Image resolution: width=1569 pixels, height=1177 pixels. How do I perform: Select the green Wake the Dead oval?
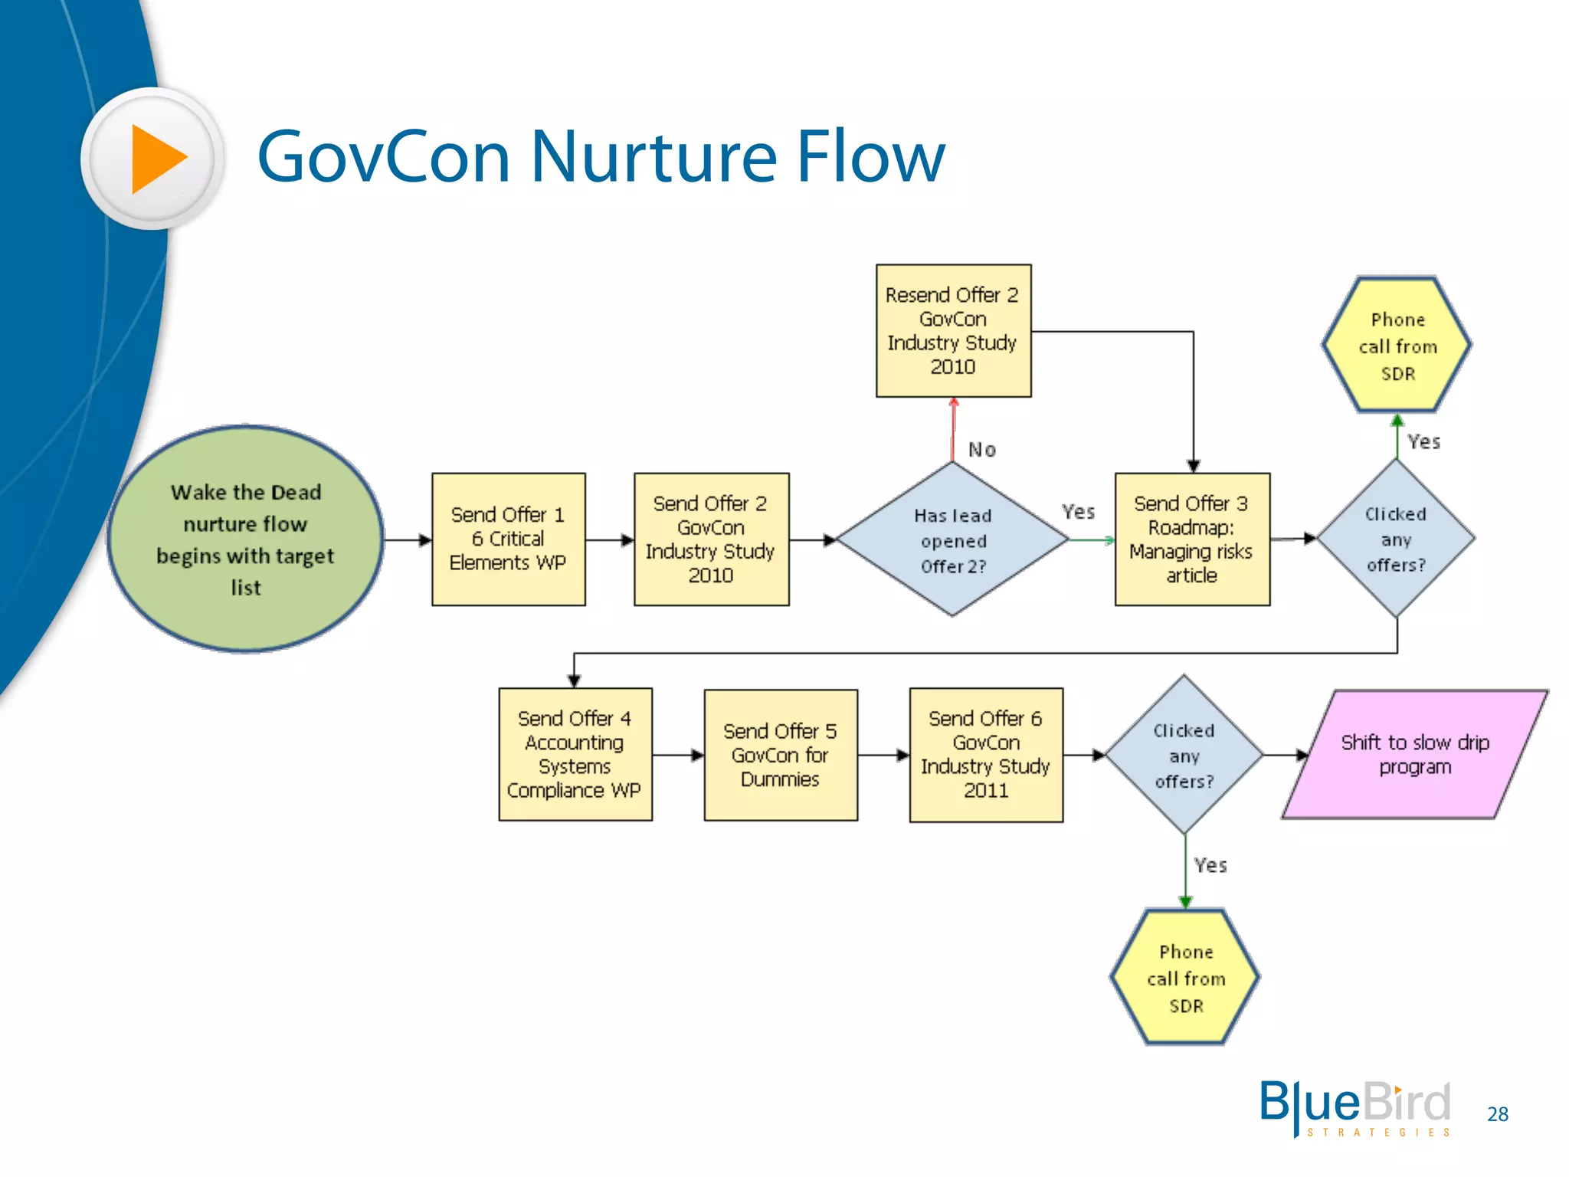pyautogui.click(x=245, y=539)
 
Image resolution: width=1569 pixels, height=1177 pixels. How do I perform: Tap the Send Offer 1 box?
pyautogui.click(x=508, y=539)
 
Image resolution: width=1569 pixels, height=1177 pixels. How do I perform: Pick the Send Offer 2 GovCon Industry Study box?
pyautogui.click(x=711, y=539)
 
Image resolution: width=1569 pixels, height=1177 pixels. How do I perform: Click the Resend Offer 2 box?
pyautogui.click(x=953, y=330)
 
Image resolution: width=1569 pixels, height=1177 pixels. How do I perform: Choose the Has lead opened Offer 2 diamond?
pyautogui.click(x=953, y=539)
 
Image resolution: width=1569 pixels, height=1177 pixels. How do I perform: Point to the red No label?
pyautogui.click(x=982, y=450)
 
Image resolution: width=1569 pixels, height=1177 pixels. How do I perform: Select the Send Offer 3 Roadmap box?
pyautogui.click(x=1191, y=539)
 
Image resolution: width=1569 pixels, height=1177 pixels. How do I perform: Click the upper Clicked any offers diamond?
pyautogui.click(x=1396, y=539)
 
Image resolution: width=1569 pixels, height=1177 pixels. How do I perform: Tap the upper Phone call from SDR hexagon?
pyautogui.click(x=1397, y=346)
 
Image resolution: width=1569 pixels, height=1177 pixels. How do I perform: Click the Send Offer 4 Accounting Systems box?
pyautogui.click(x=575, y=754)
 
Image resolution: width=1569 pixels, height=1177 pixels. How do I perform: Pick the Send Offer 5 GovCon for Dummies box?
pyautogui.click(x=780, y=755)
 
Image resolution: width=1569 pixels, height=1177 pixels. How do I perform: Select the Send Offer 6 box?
pyautogui.click(x=985, y=754)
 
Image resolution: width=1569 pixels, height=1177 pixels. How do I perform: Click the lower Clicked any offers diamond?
pyautogui.click(x=1184, y=756)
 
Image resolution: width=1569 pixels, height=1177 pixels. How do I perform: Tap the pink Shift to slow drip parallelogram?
pyautogui.click(x=1414, y=754)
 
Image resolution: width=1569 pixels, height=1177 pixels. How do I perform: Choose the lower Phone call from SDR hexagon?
pyautogui.click(x=1185, y=978)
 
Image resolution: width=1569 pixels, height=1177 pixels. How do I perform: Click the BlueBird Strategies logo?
pyautogui.click(x=1354, y=1108)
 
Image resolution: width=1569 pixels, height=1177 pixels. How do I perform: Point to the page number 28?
pyautogui.click(x=1497, y=1114)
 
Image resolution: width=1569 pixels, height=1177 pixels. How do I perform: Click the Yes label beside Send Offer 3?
pyautogui.click(x=1078, y=512)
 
